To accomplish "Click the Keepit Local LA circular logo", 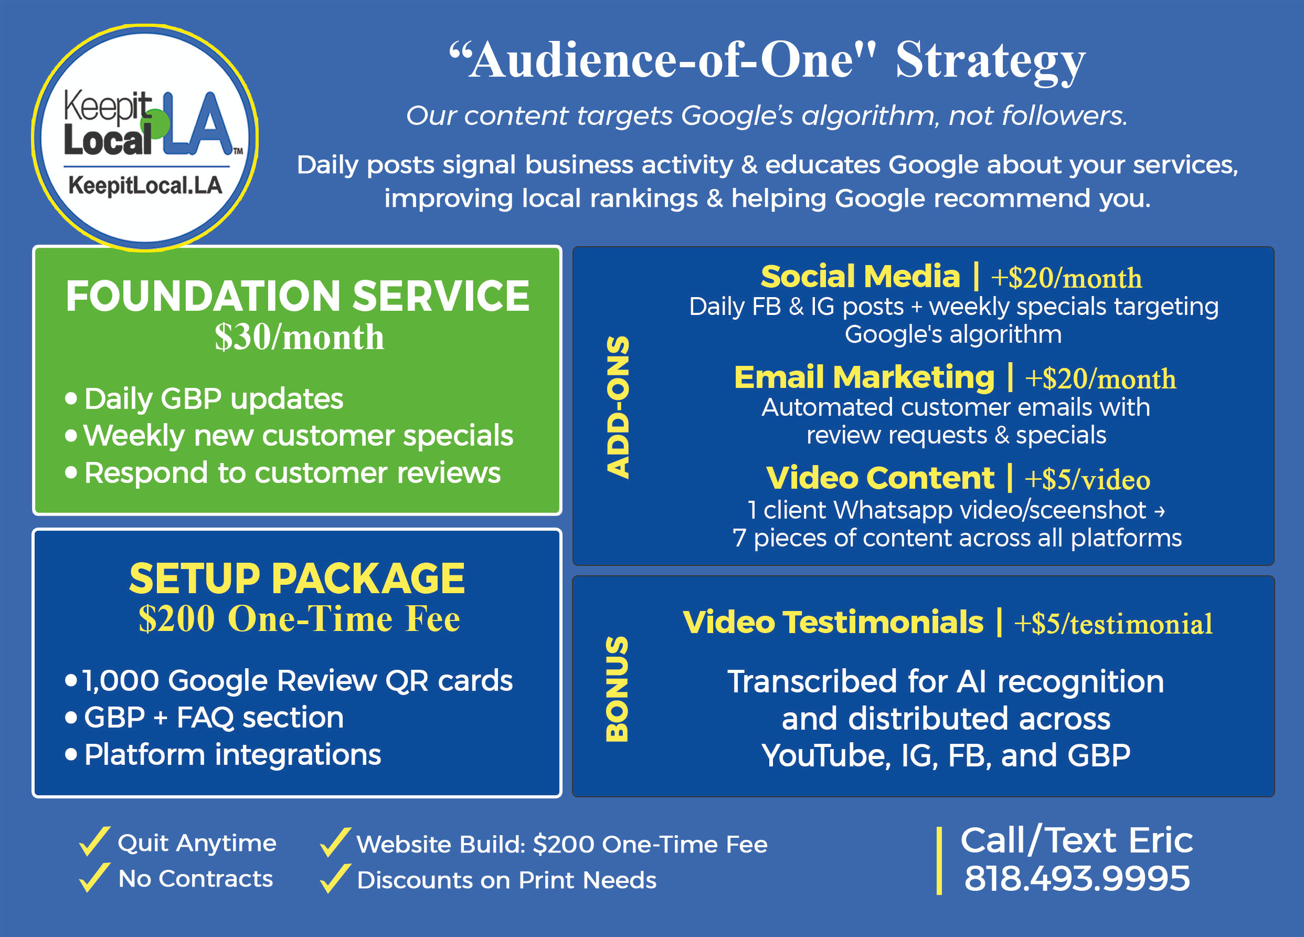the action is coord(145,138).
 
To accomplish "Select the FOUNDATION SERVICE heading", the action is coord(297,296).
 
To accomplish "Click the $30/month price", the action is coord(299,336).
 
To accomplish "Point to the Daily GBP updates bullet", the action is coord(204,398).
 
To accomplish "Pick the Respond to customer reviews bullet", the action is coord(283,473).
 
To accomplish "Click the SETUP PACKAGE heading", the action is coord(296,578).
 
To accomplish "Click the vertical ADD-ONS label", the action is coord(618,407).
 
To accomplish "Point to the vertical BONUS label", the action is coord(618,689).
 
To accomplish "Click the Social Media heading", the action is coord(860,276).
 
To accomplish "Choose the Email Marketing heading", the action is coord(864,377).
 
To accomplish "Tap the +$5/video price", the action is coord(1087,479).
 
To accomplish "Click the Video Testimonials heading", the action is coord(833,623).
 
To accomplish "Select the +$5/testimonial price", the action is coord(1113,624).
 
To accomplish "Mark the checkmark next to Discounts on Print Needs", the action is coord(335,878).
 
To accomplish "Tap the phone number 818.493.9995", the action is coord(1077,878).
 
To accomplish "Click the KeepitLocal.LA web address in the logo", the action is coord(145,185).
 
